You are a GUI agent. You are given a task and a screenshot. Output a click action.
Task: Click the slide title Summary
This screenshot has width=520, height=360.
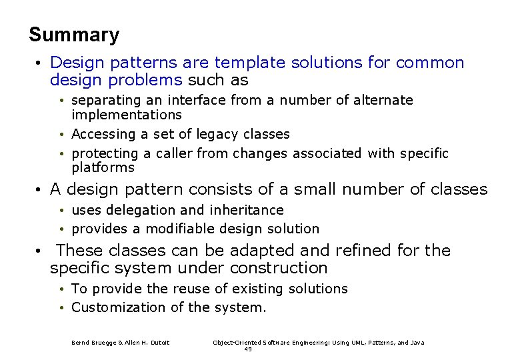[74, 35]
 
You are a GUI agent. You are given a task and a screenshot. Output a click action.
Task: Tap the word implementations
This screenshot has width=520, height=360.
[127, 115]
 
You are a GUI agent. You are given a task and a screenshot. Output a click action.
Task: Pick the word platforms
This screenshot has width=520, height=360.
[103, 168]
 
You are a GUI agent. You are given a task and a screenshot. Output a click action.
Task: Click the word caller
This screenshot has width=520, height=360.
[175, 154]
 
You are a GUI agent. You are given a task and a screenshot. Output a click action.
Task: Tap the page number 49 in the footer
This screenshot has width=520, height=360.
[248, 349]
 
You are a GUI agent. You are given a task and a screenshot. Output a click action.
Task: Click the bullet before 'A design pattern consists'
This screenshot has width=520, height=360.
[39, 190]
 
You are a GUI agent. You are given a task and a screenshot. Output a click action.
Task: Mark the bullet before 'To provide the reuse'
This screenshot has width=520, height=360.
[61, 289]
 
